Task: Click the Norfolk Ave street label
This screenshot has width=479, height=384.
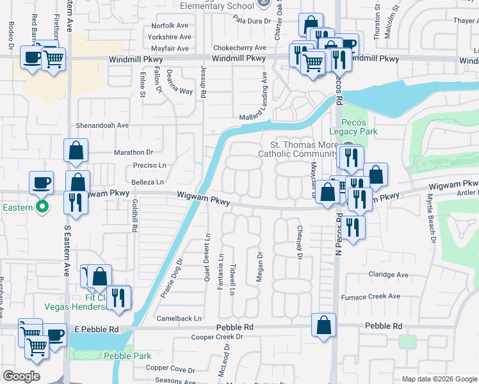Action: pos(170,26)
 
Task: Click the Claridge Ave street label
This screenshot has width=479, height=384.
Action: pos(388,275)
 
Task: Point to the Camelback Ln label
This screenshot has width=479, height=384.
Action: pos(179,318)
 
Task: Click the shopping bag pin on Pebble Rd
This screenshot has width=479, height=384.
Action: pos(324,324)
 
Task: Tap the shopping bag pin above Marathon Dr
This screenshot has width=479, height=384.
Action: pos(76,151)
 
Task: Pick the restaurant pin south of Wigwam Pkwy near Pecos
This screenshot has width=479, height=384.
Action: pos(352,227)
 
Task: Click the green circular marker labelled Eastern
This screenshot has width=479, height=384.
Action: pos(42,207)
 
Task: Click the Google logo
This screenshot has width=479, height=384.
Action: pos(21,376)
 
